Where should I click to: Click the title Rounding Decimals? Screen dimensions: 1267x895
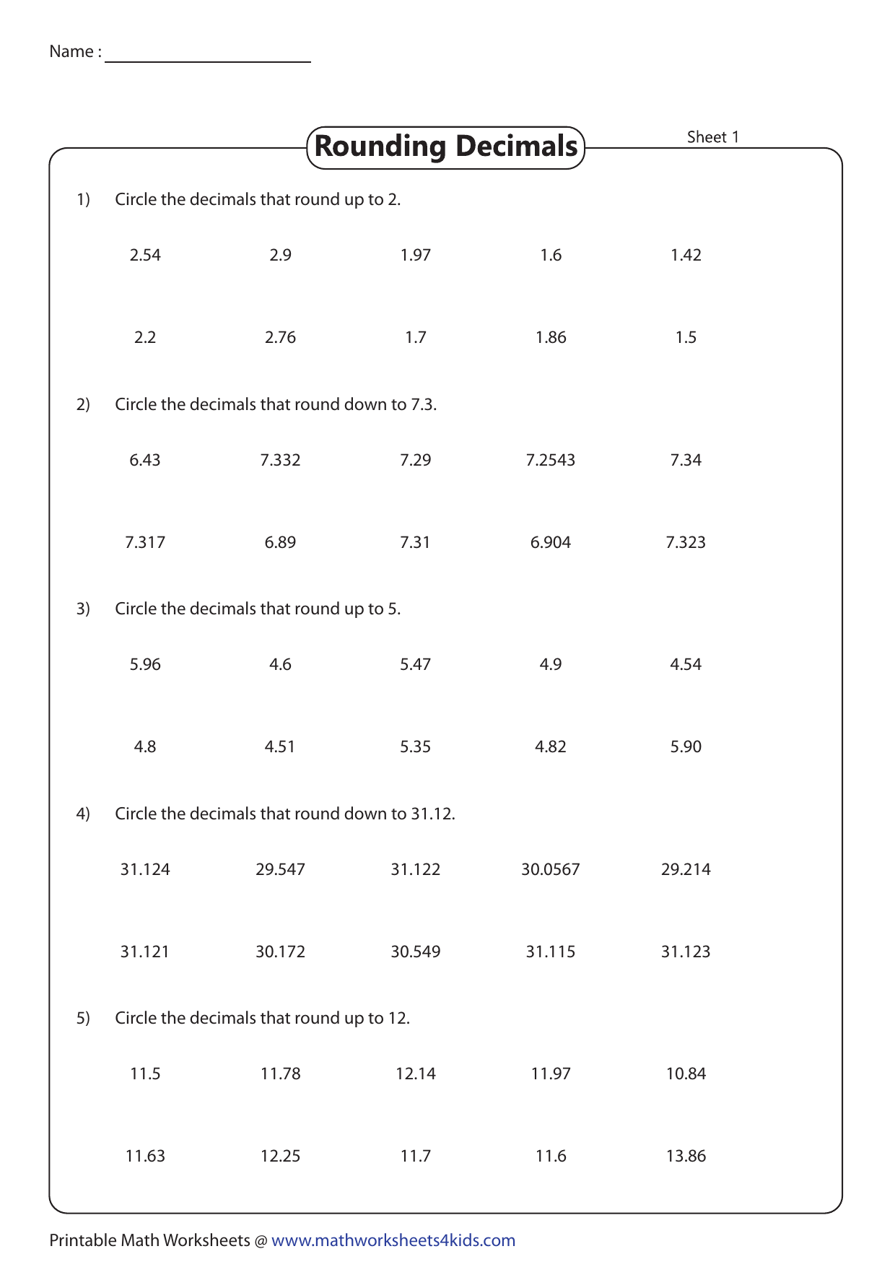tap(445, 147)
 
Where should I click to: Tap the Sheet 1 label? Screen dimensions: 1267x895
tap(712, 137)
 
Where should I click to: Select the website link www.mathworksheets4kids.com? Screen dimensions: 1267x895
tap(393, 1240)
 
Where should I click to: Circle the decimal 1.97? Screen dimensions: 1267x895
tap(416, 255)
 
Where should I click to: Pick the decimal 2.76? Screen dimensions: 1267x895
tap(280, 337)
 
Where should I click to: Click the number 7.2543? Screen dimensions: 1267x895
tap(551, 460)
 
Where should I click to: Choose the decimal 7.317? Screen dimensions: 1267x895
tap(145, 542)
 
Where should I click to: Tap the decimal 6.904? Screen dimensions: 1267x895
tap(551, 542)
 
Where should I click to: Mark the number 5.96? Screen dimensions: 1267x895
tap(145, 664)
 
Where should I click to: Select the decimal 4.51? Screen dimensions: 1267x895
tap(280, 746)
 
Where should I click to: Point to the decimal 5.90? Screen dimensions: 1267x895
tap(686, 746)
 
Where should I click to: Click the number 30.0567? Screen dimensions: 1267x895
tap(551, 869)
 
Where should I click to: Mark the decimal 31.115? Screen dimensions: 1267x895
tap(551, 952)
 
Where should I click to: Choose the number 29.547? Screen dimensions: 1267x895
tap(280, 869)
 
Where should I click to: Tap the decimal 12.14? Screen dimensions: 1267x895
tap(416, 1074)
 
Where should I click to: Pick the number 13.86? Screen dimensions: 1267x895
tap(686, 1156)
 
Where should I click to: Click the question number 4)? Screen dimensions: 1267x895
tap(83, 814)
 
